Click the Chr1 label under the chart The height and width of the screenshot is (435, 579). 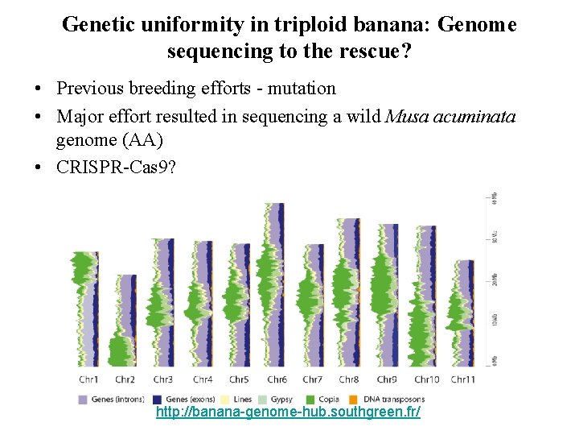(89, 379)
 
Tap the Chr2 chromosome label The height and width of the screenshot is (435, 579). (125, 379)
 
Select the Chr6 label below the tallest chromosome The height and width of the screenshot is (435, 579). (277, 379)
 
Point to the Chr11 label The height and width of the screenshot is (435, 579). (462, 379)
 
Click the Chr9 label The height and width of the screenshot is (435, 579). (388, 379)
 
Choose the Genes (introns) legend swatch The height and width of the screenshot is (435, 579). (83, 399)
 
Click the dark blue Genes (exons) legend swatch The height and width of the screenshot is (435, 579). (158, 399)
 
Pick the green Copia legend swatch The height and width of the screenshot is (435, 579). (310, 399)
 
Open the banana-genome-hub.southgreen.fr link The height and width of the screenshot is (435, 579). (288, 412)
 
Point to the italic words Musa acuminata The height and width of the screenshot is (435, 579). (450, 117)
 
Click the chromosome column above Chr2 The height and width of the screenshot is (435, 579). (124, 321)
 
